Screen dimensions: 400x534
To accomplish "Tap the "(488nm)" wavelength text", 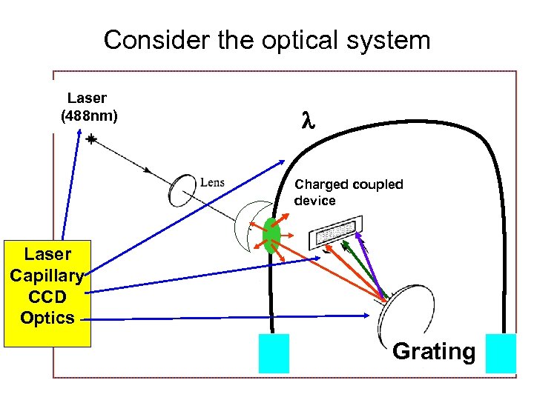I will point(88,116).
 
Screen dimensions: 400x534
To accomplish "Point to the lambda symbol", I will point(308,121).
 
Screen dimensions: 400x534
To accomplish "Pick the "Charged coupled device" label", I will point(349,193).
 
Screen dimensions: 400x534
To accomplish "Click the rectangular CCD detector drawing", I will point(335,231).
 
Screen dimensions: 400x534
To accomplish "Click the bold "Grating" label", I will point(434,350).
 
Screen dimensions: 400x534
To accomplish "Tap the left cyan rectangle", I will point(273,353).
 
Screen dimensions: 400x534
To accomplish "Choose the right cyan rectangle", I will point(500,353).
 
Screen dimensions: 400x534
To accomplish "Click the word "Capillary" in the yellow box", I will point(47,276).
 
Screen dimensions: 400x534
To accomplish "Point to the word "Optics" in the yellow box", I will point(47,319).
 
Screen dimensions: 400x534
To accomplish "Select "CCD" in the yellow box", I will point(47,297).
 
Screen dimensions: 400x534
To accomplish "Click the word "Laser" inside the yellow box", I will point(47,254).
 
